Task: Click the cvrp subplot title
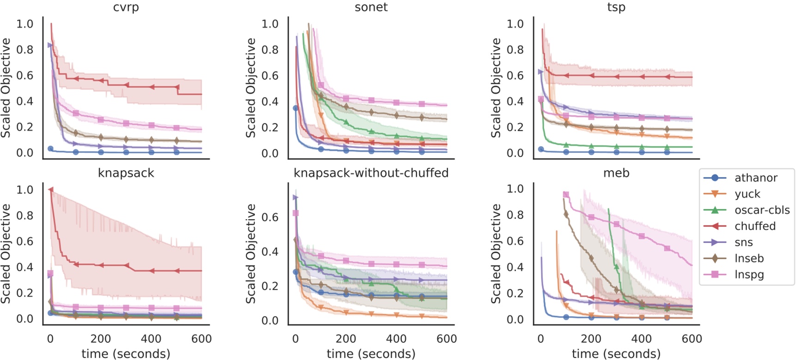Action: [x=126, y=7]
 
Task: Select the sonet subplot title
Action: [x=371, y=7]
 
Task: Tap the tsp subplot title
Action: [x=616, y=7]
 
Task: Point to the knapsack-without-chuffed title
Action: [x=371, y=173]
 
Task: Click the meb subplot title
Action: [x=616, y=173]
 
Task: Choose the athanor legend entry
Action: [x=756, y=178]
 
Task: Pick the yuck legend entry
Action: [x=747, y=194]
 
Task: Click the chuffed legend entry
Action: [x=755, y=226]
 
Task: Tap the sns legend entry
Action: [x=743, y=242]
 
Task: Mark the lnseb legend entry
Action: [x=749, y=258]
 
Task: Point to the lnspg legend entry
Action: [x=749, y=275]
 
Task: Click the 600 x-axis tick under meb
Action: [x=692, y=339]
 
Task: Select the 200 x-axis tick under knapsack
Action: [x=101, y=339]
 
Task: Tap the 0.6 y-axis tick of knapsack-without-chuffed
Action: [x=270, y=217]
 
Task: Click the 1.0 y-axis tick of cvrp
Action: [x=25, y=24]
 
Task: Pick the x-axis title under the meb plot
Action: [x=616, y=354]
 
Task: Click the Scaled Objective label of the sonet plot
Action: [x=251, y=88]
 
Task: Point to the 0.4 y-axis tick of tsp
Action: [x=515, y=102]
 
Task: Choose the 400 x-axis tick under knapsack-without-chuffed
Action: [x=396, y=339]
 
